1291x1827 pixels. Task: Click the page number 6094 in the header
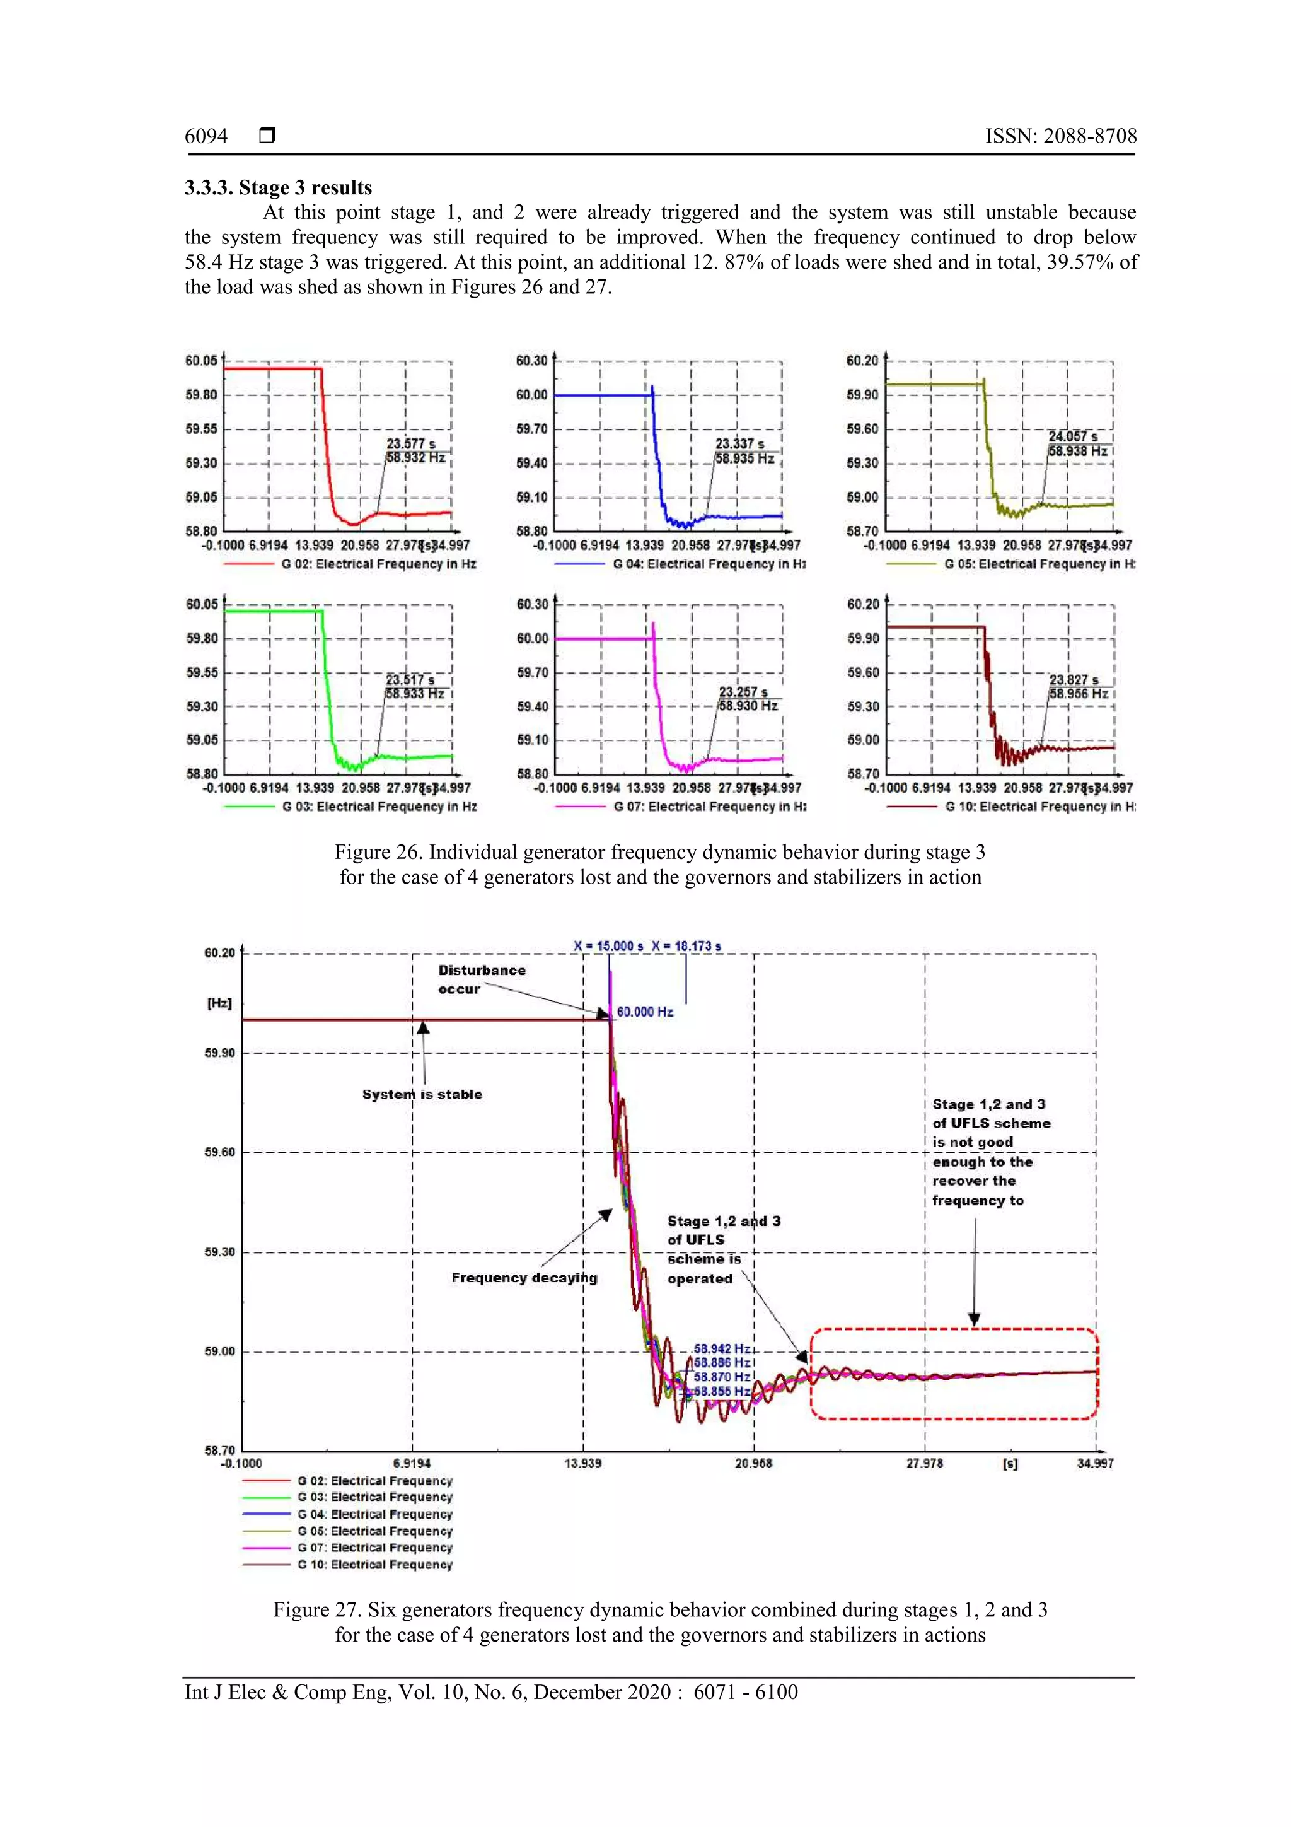(x=206, y=136)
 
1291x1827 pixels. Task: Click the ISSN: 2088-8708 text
(x=1060, y=136)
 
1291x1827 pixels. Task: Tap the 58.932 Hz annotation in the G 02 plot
(x=415, y=458)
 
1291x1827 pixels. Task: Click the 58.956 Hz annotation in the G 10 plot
(x=1078, y=694)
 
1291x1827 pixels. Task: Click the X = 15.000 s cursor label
(x=608, y=946)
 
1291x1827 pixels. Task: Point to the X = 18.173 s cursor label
(x=686, y=946)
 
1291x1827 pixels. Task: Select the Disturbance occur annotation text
(x=481, y=979)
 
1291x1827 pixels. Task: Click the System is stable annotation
(x=422, y=1094)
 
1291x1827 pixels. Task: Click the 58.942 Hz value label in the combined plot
(x=722, y=1349)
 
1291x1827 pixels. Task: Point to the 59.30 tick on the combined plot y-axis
(x=219, y=1252)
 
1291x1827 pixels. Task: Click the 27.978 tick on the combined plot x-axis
(x=923, y=1462)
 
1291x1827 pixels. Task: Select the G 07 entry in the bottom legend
(x=374, y=1548)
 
